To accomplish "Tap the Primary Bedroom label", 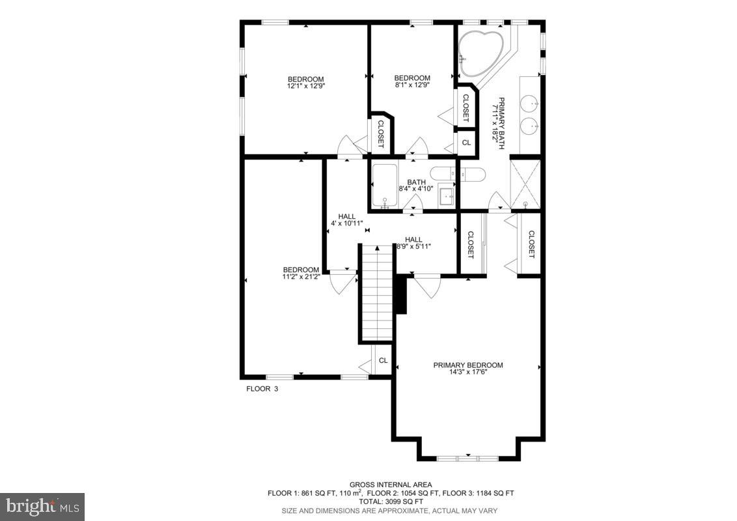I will pyautogui.click(x=467, y=365).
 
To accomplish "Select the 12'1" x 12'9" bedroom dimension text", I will pyautogui.click(x=305, y=86).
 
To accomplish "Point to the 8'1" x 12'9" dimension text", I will pyautogui.click(x=412, y=85).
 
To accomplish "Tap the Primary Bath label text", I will pyautogui.click(x=502, y=124).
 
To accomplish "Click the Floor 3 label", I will pyautogui.click(x=262, y=389).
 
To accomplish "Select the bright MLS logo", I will pyautogui.click(x=42, y=506).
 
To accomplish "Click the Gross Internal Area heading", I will pyautogui.click(x=391, y=485).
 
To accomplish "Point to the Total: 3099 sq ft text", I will pyautogui.click(x=391, y=502).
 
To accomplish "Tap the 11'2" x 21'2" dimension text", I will pyautogui.click(x=301, y=277).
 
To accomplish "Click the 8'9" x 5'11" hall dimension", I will pyautogui.click(x=413, y=247).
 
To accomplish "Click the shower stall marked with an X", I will pyautogui.click(x=525, y=184).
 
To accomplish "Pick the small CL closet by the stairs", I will pyautogui.click(x=383, y=360).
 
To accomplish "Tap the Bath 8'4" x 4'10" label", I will pyautogui.click(x=416, y=186).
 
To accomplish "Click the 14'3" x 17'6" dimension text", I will pyautogui.click(x=467, y=373).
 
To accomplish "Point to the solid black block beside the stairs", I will pyautogui.click(x=400, y=294).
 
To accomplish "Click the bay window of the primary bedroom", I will pyautogui.click(x=467, y=458).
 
